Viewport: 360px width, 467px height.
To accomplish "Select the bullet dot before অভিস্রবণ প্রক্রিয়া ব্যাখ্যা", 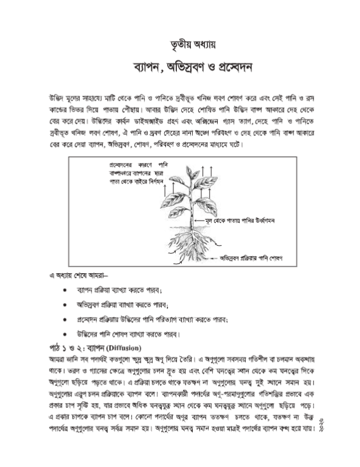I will click(65, 305).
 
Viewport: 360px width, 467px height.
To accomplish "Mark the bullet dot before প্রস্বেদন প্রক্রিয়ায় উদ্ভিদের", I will click(65, 319).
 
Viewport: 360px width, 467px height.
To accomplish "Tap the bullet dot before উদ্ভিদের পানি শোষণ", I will click(65, 333).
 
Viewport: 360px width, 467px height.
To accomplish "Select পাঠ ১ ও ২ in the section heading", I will click(64, 348).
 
